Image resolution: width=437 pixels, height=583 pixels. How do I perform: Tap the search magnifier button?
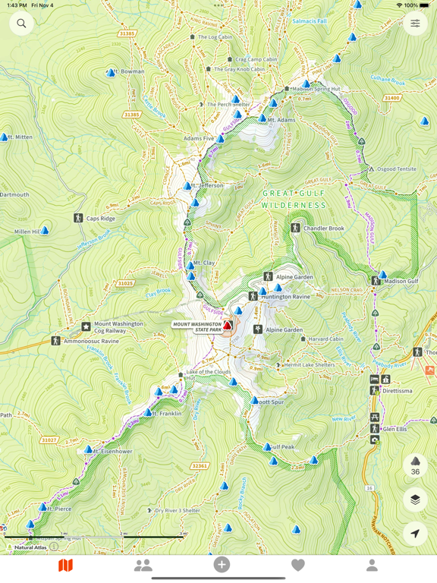21,24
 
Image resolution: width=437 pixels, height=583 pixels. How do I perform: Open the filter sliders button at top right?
415,24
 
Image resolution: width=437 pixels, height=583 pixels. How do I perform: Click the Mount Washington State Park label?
197,326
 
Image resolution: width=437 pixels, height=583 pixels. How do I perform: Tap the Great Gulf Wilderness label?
294,199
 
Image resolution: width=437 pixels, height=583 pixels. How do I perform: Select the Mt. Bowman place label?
132,72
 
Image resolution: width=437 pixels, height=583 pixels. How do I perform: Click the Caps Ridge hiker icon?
78,218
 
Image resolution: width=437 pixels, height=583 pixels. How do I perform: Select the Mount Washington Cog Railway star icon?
86,326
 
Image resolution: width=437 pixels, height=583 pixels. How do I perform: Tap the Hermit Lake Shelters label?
309,365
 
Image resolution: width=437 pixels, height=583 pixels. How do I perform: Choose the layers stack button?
415,499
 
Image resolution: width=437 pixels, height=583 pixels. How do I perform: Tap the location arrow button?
415,534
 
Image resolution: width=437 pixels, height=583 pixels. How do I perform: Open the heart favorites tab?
298,565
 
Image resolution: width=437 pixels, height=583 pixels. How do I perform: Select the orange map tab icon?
66,565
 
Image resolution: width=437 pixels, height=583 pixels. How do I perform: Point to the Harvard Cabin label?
325,339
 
